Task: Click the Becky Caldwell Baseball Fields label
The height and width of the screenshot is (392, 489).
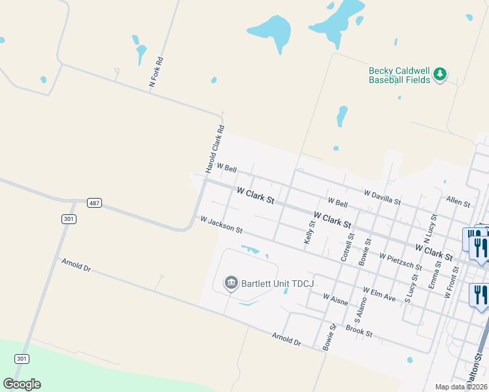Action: pyautogui.click(x=399, y=75)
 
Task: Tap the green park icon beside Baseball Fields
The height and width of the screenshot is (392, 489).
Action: pyautogui.click(x=440, y=74)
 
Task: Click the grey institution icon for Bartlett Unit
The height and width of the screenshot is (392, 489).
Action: pyautogui.click(x=231, y=283)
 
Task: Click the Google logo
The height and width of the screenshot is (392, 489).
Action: pyautogui.click(x=22, y=384)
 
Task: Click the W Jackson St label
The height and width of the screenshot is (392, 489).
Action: pyautogui.click(x=222, y=225)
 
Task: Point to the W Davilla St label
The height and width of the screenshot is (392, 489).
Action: pyautogui.click(x=382, y=195)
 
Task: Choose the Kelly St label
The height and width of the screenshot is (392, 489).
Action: pyautogui.click(x=309, y=233)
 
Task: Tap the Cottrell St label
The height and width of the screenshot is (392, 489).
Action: pyautogui.click(x=346, y=248)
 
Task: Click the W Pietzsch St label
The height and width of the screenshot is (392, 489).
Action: pyautogui.click(x=400, y=262)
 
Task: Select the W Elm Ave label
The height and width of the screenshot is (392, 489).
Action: pyautogui.click(x=379, y=294)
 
